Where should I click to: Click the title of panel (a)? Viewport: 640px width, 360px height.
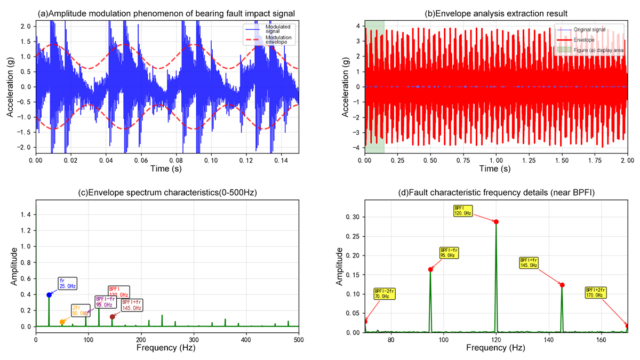tap(167, 13)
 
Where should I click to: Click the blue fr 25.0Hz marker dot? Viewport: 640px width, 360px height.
tap(49, 294)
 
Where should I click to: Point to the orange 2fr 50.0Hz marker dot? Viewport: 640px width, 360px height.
tap(62, 322)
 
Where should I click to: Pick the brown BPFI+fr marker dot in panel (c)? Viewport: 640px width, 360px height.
tap(112, 317)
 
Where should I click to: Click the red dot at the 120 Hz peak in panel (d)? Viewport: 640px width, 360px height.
tap(496, 222)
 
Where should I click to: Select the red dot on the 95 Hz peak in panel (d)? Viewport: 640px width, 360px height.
tap(430, 269)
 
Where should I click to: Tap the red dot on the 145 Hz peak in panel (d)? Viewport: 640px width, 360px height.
tap(562, 285)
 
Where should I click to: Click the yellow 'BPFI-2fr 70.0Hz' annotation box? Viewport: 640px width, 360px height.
tap(385, 293)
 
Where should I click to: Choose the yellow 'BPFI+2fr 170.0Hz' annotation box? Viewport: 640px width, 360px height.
tap(596, 292)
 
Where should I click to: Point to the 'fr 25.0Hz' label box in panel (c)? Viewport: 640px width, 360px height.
tap(67, 283)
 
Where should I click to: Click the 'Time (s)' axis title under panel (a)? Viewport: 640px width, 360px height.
tap(167, 169)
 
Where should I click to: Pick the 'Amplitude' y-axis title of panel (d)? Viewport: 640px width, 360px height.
tap(340, 265)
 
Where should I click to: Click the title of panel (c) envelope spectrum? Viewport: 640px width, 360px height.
tap(167, 191)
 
